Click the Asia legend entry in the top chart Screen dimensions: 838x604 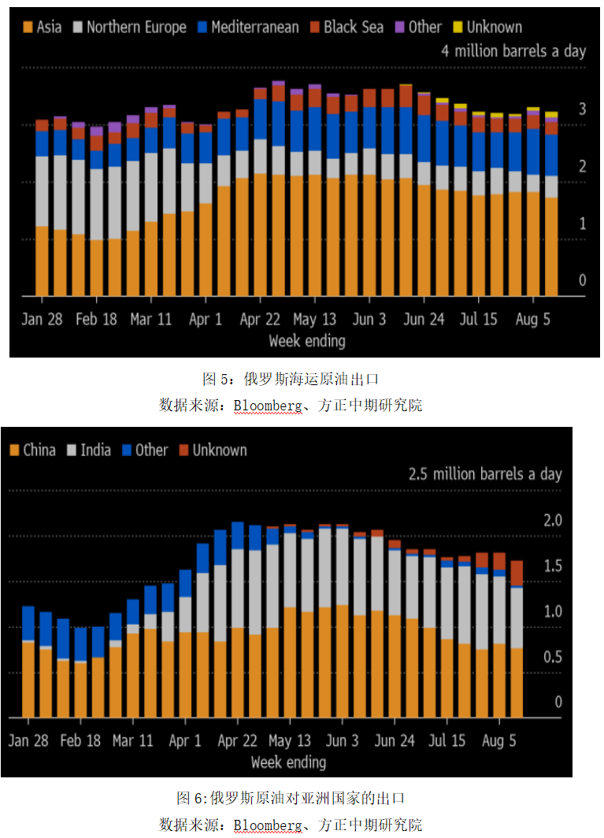point(44,27)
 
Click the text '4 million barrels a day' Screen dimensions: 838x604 point(513,51)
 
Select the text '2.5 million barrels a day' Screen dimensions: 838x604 point(485,474)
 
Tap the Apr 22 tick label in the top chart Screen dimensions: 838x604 point(260,320)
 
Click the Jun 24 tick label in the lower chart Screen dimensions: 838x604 point(395,741)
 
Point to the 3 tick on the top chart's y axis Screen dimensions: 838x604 point(583,109)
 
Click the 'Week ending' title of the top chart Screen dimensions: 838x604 point(307,341)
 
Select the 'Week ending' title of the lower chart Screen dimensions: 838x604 point(288,762)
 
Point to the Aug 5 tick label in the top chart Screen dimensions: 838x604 point(532,320)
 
